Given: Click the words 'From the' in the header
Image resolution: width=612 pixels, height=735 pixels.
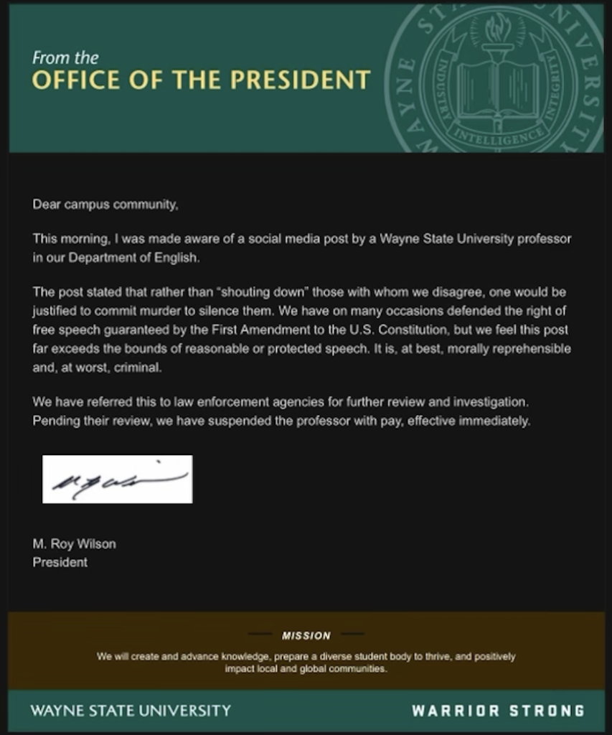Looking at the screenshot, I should point(65,57).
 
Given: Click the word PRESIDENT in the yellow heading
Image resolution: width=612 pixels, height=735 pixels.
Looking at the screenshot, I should point(308,80).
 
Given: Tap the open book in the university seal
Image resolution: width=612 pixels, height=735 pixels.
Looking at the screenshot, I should point(497,88).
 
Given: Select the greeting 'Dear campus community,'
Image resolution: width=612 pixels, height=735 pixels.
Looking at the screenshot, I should point(105,205).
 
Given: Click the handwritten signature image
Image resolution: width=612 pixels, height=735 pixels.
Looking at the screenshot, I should point(117,479).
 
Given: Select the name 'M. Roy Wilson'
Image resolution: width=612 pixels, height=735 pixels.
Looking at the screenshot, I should point(74,544).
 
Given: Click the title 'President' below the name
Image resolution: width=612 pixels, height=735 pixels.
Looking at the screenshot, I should point(60,562).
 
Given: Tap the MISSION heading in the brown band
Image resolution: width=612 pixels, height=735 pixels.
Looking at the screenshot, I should point(306,635).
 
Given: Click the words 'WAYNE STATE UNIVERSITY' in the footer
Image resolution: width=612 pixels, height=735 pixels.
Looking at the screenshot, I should point(131,711).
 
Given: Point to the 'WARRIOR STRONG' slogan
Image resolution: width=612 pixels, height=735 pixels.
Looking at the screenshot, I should point(498,711).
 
